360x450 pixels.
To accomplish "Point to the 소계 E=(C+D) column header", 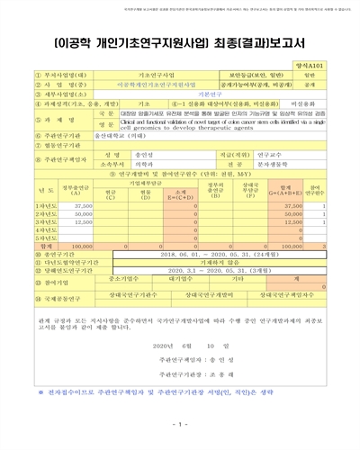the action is click(180, 192).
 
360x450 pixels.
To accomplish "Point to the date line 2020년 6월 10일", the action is click(180, 346).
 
